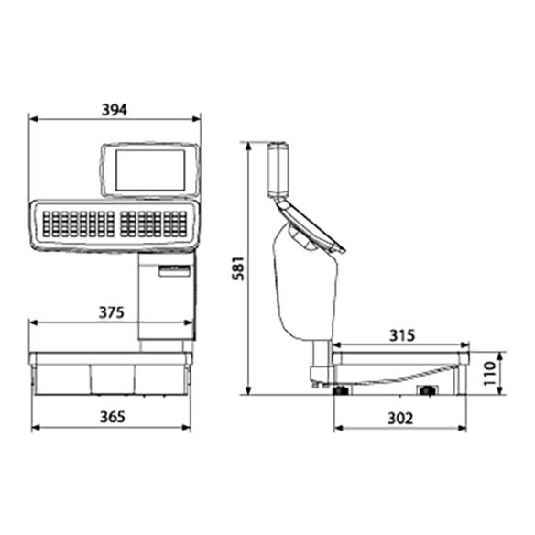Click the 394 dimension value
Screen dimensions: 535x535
point(115,110)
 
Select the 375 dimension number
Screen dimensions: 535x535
point(112,312)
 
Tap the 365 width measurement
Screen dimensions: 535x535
point(113,417)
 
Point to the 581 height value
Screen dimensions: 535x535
point(238,268)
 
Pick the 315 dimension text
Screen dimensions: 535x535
point(402,335)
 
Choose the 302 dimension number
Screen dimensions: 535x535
point(400,419)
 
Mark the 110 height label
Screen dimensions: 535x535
point(490,373)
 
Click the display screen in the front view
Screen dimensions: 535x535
point(150,169)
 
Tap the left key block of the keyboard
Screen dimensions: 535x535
point(79,224)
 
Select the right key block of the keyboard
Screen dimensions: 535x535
point(154,224)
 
